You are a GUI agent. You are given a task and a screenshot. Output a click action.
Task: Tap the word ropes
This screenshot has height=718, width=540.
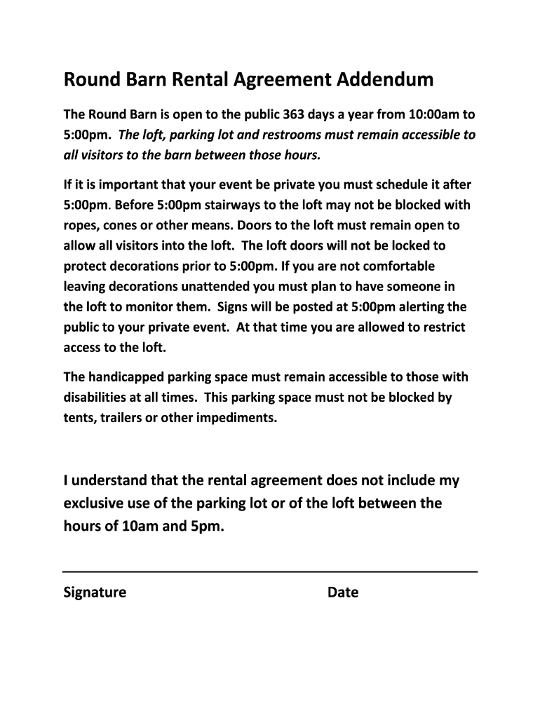pos(81,226)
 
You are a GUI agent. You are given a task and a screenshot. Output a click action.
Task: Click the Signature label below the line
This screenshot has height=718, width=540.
pos(95,592)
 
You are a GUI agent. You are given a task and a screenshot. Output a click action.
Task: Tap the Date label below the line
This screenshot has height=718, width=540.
pos(343,592)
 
